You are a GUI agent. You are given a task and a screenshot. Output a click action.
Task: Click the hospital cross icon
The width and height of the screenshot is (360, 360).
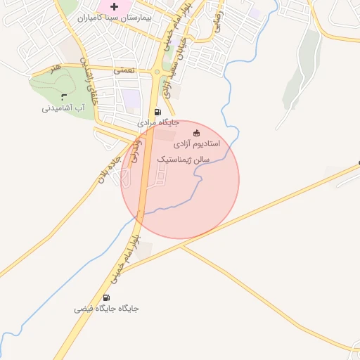tap(114, 6)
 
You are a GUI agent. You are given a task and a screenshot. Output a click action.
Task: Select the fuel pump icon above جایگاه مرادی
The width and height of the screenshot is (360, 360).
tap(157, 111)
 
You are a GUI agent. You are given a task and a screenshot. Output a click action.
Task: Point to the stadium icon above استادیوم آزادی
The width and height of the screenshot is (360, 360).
tap(196, 133)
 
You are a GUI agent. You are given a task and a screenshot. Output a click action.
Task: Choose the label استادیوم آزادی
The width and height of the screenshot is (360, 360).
tap(197, 143)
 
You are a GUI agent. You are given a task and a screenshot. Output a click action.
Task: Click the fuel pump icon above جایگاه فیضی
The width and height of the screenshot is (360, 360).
tap(107, 297)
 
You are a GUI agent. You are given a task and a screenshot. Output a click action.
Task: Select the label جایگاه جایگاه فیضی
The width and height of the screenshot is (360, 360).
tap(107, 309)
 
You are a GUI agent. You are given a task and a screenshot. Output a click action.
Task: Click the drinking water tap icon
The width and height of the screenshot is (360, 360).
tap(65, 96)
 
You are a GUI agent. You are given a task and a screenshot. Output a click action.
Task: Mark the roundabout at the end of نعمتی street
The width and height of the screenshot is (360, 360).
tap(156, 72)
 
